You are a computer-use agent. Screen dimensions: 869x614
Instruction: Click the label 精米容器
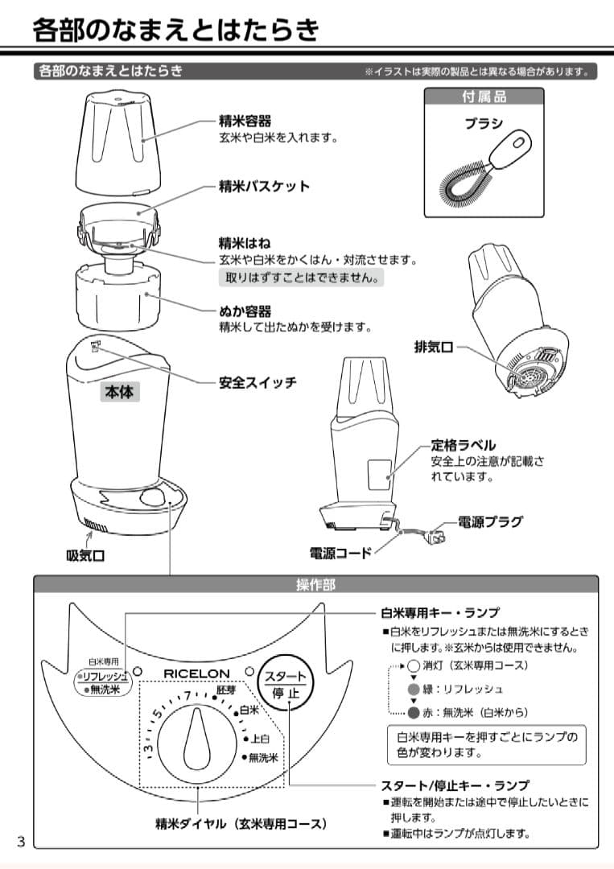pyautogui.click(x=245, y=121)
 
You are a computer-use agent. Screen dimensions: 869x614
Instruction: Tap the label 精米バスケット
pyautogui.click(x=264, y=186)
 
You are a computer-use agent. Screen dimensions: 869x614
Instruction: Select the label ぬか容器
pyautogui.click(x=245, y=311)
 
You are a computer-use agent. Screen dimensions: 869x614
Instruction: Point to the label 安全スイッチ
pyautogui.click(x=258, y=382)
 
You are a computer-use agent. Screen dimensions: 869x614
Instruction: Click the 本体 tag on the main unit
pyautogui.click(x=121, y=392)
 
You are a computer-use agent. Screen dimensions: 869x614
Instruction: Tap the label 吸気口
pyautogui.click(x=85, y=554)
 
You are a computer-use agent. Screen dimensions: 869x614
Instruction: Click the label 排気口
pyautogui.click(x=433, y=347)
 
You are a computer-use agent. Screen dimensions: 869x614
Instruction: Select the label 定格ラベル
pyautogui.click(x=463, y=445)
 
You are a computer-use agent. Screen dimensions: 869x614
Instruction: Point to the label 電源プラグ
pyautogui.click(x=489, y=521)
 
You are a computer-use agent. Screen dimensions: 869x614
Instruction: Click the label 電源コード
pyautogui.click(x=340, y=553)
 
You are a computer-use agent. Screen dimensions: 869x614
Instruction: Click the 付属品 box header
pyautogui.click(x=484, y=97)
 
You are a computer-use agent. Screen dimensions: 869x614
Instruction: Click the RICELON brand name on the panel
pyautogui.click(x=196, y=673)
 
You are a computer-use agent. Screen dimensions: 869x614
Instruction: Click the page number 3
pyautogui.click(x=22, y=842)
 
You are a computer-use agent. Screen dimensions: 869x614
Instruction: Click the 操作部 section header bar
pyautogui.click(x=315, y=585)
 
